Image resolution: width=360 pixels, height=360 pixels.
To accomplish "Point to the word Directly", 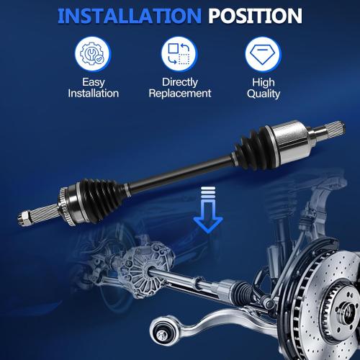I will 179,82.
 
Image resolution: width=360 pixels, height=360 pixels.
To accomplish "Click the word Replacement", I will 179,94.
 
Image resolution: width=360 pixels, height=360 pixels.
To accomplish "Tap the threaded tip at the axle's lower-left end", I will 22,215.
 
